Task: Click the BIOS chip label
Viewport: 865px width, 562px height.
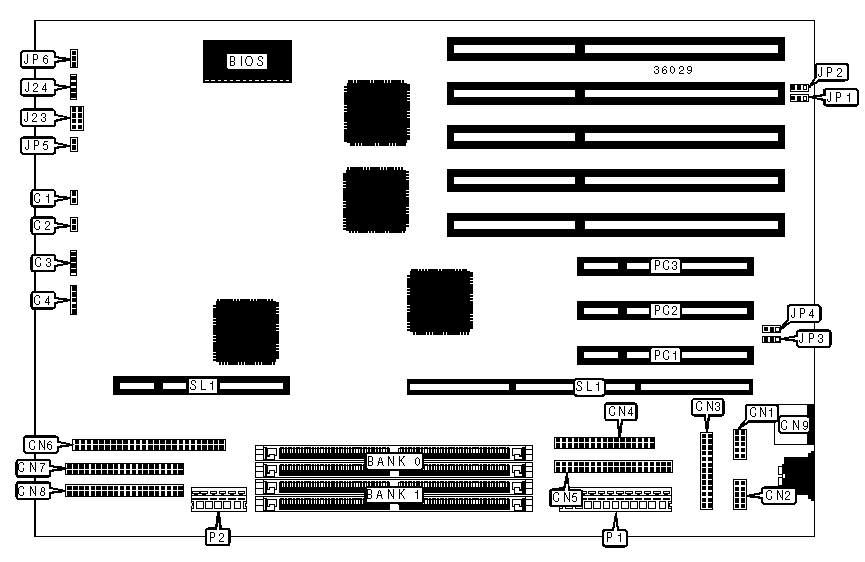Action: [x=246, y=61]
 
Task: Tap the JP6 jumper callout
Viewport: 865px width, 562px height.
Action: [x=36, y=59]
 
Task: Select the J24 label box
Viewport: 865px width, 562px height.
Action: [x=36, y=87]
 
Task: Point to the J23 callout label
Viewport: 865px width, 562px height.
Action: [x=36, y=117]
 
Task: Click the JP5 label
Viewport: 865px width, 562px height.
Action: [x=36, y=146]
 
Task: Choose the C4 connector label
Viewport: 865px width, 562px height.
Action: [x=42, y=300]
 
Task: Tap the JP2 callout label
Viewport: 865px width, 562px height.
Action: [x=832, y=72]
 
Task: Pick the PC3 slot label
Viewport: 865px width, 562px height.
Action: [x=666, y=266]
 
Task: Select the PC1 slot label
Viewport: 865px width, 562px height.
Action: [x=666, y=355]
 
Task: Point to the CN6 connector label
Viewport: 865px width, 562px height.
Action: [x=41, y=444]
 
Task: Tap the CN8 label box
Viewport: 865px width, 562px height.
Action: [x=33, y=491]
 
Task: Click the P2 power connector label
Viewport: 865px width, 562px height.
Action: [x=217, y=537]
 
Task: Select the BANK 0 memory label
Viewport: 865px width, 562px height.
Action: [x=394, y=461]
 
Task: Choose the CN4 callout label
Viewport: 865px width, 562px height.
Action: [x=621, y=411]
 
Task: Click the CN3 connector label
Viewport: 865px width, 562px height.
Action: [x=707, y=406]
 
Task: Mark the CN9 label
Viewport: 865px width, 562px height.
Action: [x=795, y=426]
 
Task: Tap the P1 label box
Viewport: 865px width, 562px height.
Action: [x=615, y=537]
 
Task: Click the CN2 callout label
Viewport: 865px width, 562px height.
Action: [x=779, y=494]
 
